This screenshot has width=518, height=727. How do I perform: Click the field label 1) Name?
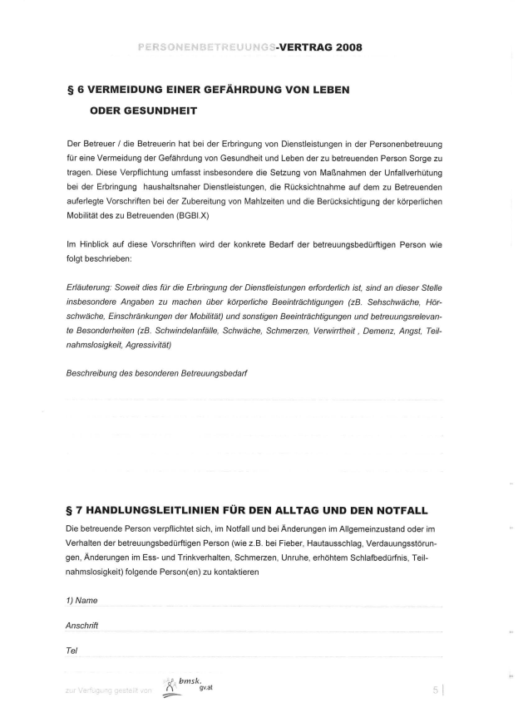81,600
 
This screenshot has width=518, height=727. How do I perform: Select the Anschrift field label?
83,625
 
